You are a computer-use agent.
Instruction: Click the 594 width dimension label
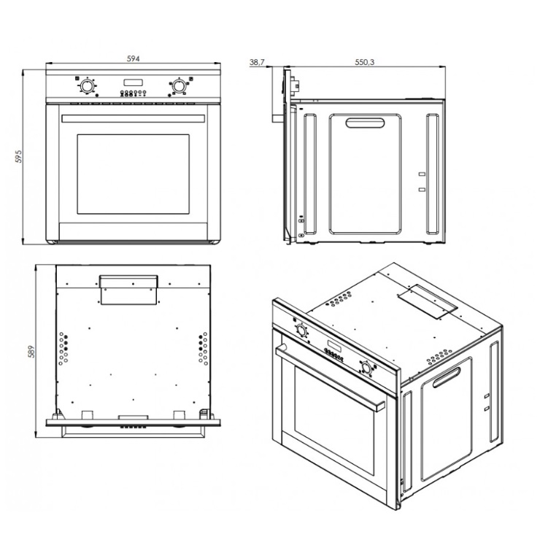point(134,58)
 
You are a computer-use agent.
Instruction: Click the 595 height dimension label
point(18,156)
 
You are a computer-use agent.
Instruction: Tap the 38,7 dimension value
point(257,62)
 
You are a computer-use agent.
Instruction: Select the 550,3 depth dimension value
point(364,62)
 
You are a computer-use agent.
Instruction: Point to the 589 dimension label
point(31,352)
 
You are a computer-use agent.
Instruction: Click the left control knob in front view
point(87,86)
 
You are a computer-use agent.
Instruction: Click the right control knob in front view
point(179,86)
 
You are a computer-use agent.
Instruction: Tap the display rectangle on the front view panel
point(133,82)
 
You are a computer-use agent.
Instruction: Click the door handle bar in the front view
point(134,118)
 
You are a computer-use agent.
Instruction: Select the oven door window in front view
point(134,174)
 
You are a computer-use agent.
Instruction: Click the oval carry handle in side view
point(365,123)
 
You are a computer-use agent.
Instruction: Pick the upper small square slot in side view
point(422,174)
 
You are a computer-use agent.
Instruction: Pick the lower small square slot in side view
point(422,190)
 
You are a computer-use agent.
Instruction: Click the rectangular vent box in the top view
point(129,290)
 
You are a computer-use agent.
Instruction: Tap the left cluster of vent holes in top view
point(63,348)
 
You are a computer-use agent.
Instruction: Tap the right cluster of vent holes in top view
point(203,348)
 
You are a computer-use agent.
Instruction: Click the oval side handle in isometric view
point(447,377)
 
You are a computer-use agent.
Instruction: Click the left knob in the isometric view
point(301,331)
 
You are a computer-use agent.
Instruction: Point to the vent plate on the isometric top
point(428,301)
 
